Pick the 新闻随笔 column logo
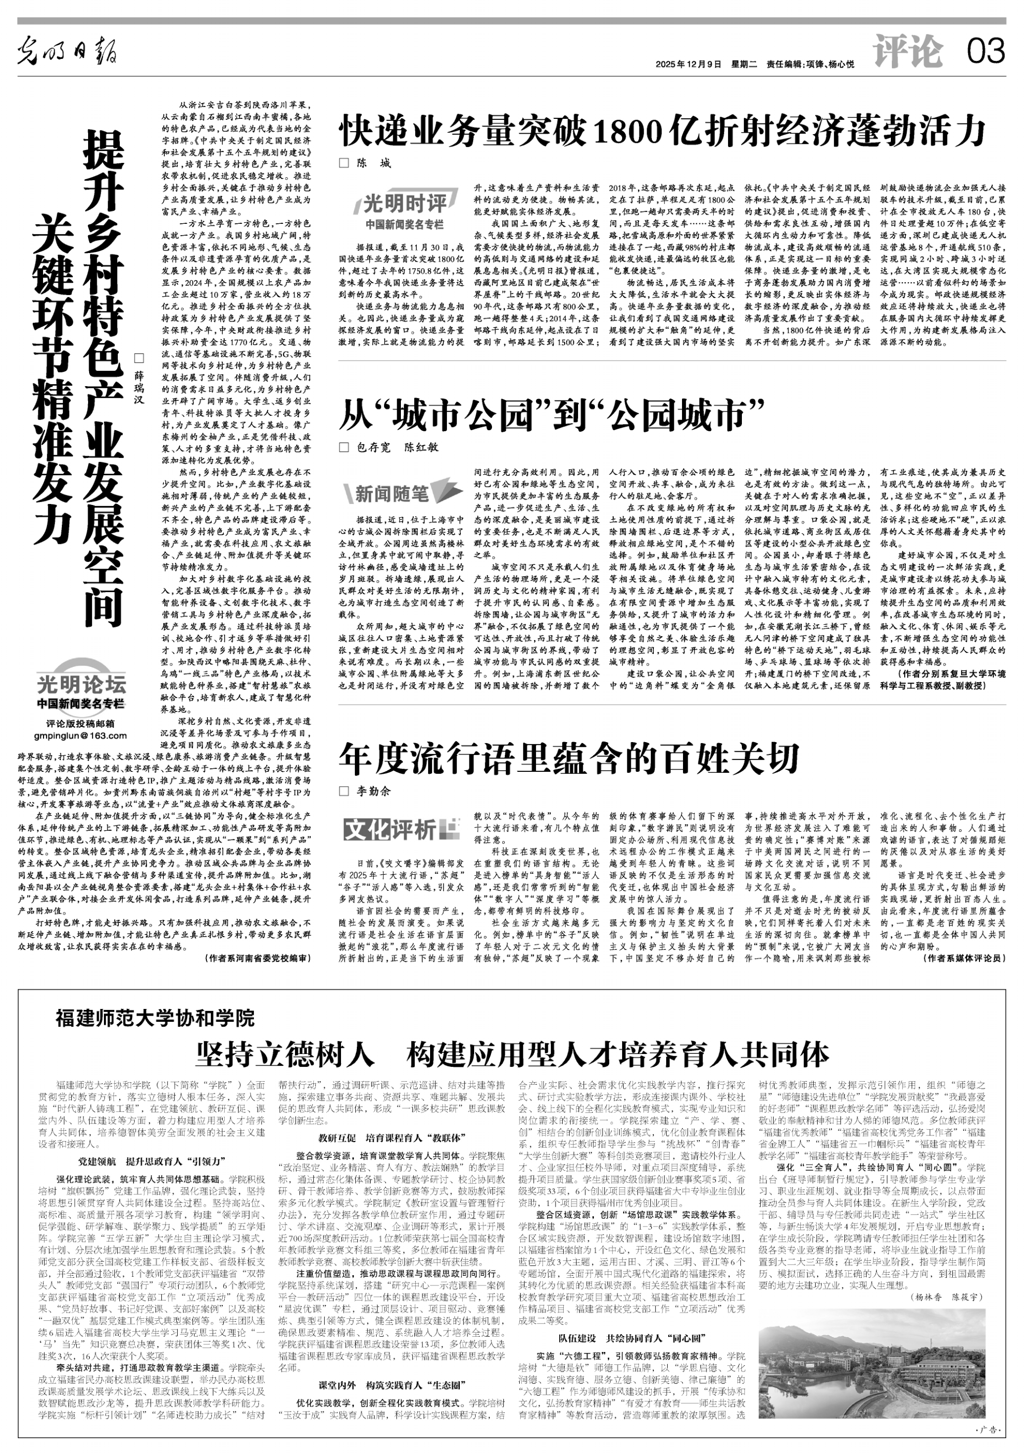pos(399,492)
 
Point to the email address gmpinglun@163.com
pos(80,735)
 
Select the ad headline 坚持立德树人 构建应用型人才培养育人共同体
pos(511,1055)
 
